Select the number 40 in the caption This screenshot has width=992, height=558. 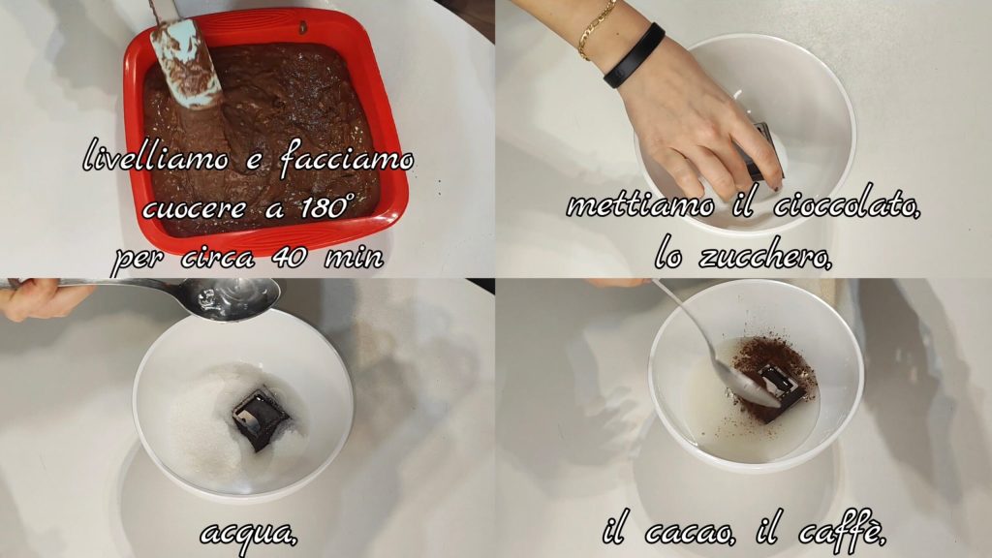click(x=291, y=256)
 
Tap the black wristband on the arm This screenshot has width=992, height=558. click(x=634, y=55)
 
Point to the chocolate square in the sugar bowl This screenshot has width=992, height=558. click(x=260, y=418)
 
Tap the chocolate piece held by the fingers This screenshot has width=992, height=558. click(x=763, y=152)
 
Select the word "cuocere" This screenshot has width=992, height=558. click(x=194, y=207)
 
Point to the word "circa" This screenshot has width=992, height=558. click(x=218, y=257)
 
